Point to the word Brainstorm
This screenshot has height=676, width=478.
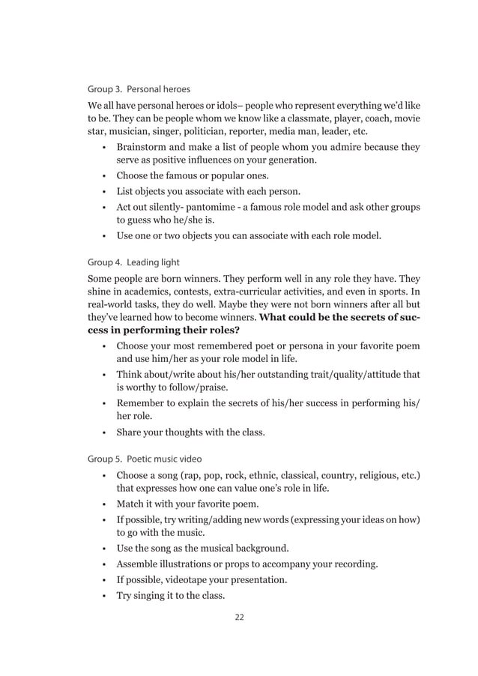[x=145, y=147]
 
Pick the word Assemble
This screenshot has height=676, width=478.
[x=138, y=564]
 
